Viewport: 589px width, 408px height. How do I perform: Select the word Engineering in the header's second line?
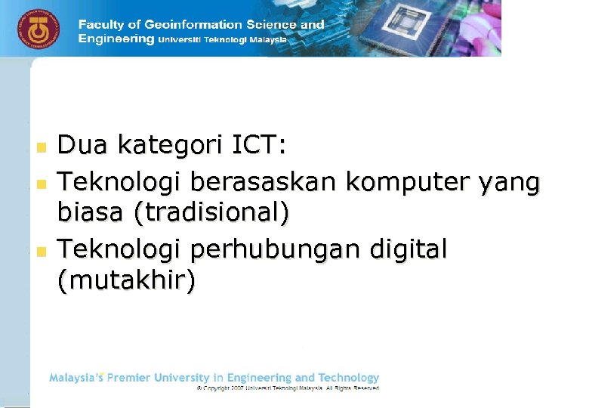point(116,39)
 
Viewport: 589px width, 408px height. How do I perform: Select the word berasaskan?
point(264,182)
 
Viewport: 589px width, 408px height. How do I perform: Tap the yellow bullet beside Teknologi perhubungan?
point(42,249)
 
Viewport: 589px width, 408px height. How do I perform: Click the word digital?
point(408,249)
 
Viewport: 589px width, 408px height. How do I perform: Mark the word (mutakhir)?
point(126,281)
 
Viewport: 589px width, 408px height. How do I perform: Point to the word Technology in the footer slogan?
point(348,377)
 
